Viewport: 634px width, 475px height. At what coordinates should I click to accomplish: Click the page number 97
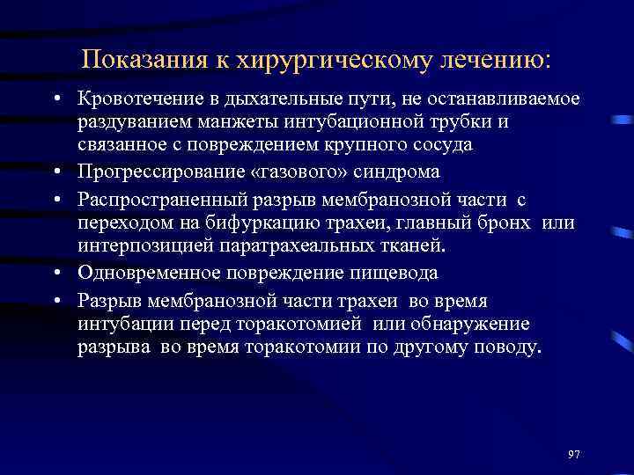(574, 454)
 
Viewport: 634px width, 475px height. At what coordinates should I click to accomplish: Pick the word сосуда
(441, 142)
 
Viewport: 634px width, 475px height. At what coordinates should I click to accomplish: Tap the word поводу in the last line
(506, 347)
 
